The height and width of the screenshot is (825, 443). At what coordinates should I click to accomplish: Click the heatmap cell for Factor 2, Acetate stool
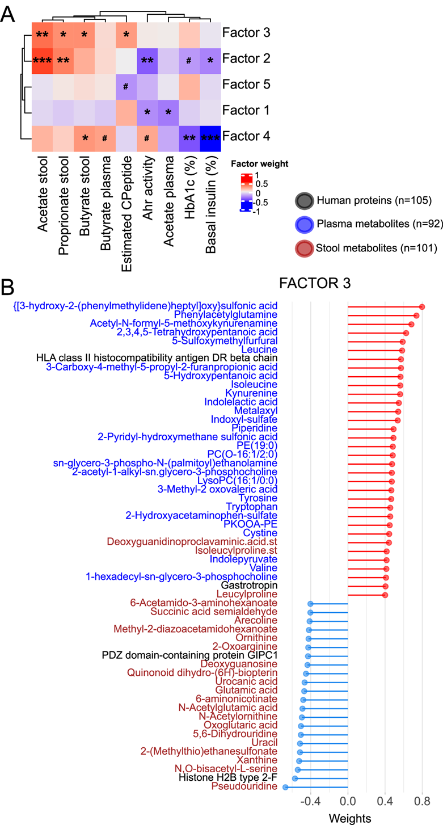[43, 58]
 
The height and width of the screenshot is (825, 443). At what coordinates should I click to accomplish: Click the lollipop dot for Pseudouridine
[285, 787]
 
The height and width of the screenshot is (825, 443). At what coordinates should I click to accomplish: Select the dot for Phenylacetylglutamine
[416, 315]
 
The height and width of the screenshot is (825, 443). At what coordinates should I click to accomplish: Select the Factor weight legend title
[259, 164]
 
